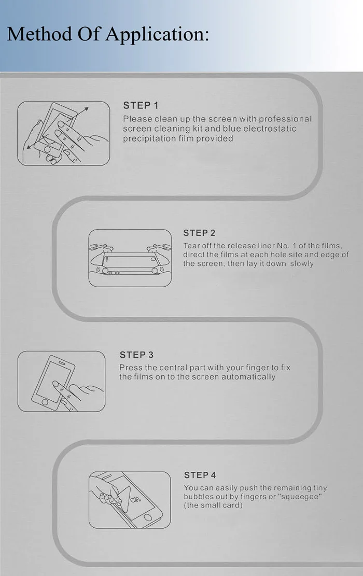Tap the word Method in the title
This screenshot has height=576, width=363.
coord(39,34)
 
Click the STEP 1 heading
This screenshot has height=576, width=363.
coord(141,105)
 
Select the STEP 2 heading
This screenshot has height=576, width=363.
coord(199,233)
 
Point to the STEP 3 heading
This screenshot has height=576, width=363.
coord(137,355)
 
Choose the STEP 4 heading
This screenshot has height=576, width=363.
coord(200,475)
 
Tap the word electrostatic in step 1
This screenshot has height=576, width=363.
coord(270,129)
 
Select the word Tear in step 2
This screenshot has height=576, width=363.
coord(191,246)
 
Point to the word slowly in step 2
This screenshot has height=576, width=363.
coord(302,264)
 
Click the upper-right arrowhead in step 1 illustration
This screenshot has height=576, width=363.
coord(86,109)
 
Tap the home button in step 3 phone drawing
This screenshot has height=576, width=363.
coord(45,402)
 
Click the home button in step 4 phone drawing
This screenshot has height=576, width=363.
coord(148,517)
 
